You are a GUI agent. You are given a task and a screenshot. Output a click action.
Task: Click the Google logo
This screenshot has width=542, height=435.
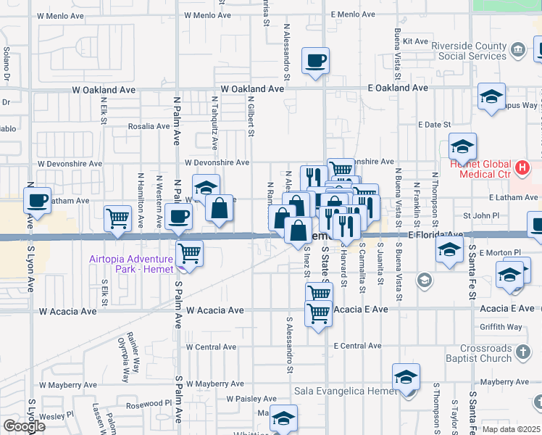coord(24,426)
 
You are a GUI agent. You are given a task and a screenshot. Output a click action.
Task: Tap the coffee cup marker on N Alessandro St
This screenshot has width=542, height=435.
coord(315,61)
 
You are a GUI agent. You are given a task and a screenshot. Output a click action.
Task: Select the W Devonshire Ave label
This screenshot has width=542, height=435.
coord(217,163)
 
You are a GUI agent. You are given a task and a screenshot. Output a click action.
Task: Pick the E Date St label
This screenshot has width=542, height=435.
coord(435,125)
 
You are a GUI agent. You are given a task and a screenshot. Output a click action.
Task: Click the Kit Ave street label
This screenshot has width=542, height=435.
coord(416,41)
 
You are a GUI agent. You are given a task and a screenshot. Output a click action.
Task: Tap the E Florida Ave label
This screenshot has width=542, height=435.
coord(435,235)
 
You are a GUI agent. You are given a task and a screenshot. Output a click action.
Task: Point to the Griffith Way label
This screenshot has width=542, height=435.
coord(501,327)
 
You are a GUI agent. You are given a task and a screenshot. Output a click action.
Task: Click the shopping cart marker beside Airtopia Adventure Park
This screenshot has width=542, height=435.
coord(189,254)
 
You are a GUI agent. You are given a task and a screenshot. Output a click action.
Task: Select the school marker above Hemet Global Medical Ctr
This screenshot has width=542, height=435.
coord(462,148)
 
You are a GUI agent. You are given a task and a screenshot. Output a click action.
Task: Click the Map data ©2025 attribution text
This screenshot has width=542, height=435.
coord(512,429)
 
